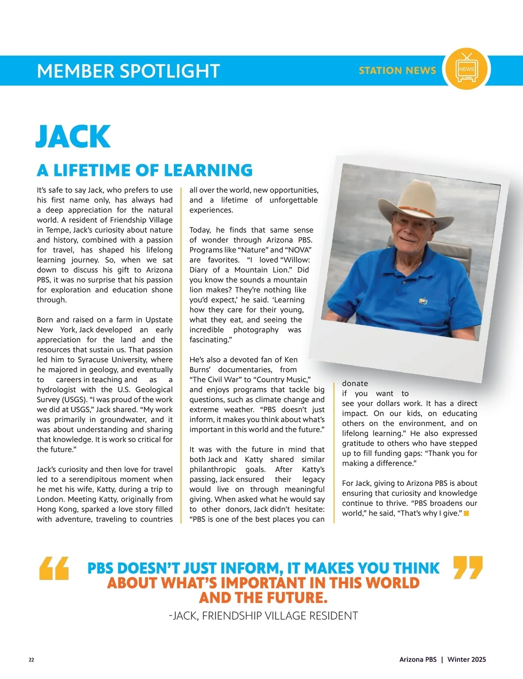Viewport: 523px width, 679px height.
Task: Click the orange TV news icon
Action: [466, 70]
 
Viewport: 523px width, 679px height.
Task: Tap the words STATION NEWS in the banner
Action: [397, 71]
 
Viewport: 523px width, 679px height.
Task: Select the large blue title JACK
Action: [73, 136]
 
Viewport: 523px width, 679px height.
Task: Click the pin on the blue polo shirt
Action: [422, 300]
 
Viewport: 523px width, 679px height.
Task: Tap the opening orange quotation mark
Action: [54, 568]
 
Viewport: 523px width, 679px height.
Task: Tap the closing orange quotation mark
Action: [468, 567]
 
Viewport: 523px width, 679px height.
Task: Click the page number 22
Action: [31, 659]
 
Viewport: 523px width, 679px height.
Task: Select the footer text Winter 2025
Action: [466, 659]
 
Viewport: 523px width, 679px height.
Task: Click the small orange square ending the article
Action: [466, 513]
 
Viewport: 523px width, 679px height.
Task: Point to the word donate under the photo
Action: [355, 384]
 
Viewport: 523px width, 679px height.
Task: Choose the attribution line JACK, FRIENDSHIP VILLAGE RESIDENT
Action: [263, 615]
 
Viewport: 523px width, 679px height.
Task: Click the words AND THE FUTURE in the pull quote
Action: [263, 598]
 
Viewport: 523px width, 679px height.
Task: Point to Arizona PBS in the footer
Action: [418, 659]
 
